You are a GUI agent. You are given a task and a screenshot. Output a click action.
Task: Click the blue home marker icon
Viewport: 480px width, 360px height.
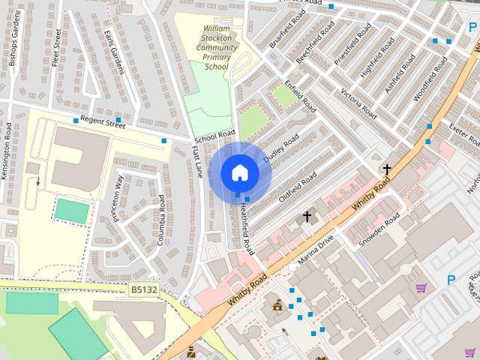click(239, 172)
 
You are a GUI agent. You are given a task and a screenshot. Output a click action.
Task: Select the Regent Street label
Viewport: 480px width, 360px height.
click(103, 121)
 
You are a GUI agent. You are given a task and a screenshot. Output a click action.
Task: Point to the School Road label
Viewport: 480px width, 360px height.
click(214, 137)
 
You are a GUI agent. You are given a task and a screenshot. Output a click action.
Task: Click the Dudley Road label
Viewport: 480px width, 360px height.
click(281, 148)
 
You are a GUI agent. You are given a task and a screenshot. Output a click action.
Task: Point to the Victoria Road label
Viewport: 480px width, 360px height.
click(358, 103)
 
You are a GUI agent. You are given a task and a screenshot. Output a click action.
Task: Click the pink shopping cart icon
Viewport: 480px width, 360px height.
click(421, 287)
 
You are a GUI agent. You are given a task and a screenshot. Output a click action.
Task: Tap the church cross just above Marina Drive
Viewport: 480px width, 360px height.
click(307, 217)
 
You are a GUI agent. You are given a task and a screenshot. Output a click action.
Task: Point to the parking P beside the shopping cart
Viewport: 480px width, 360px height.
click(451, 280)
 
